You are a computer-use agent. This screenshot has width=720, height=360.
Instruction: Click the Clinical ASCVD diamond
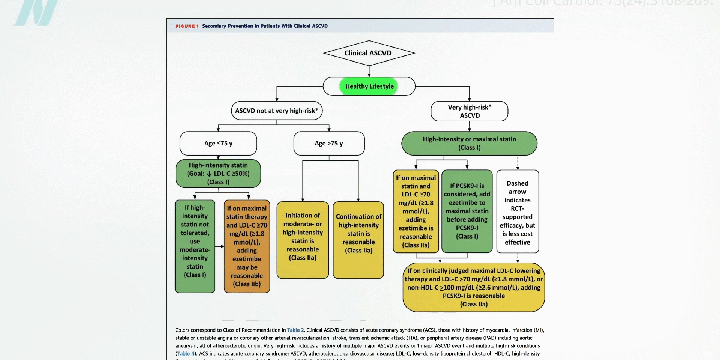369,53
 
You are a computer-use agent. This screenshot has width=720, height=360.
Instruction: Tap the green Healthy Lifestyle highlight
369,86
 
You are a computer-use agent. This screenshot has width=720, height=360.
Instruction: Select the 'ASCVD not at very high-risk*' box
277,111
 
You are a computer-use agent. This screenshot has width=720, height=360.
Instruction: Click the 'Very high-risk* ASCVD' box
469,111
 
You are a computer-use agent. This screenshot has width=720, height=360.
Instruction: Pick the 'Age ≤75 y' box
218,143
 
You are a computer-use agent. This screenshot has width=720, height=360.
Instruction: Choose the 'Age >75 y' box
329,143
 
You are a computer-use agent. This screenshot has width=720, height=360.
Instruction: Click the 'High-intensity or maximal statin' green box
469,143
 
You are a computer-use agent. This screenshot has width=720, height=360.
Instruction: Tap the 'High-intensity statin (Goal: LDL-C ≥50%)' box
218,174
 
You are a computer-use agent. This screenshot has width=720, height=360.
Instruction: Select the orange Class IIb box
247,246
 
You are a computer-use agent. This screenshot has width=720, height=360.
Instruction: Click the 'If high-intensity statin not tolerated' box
195,246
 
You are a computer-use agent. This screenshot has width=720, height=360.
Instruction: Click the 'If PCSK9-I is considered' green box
467,211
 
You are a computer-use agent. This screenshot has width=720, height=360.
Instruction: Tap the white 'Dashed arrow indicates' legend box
517,212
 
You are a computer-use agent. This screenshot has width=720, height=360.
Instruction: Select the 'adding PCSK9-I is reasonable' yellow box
474,287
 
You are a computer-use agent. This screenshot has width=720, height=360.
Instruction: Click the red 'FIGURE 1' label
187,26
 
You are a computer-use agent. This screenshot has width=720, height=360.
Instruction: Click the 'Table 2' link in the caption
296,330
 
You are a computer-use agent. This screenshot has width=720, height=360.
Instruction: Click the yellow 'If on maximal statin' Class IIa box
416,211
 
